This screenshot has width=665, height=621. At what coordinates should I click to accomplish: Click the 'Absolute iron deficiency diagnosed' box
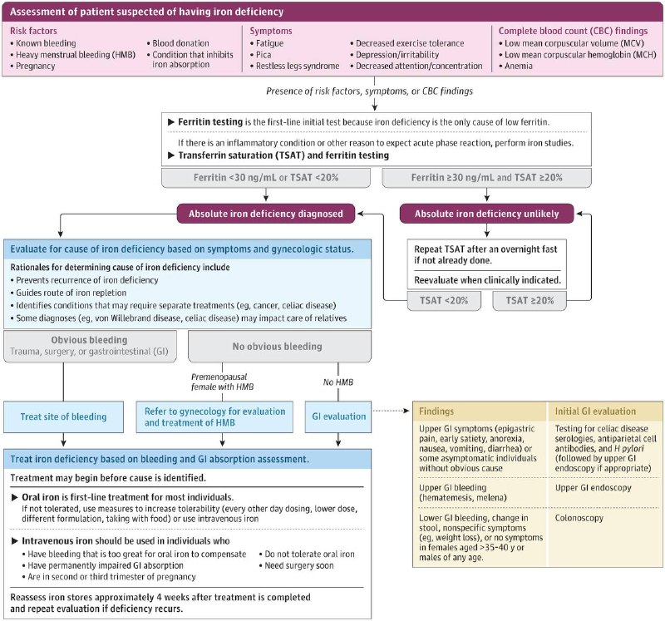point(266,214)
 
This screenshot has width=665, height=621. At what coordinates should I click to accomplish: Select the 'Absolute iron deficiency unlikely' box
point(486,214)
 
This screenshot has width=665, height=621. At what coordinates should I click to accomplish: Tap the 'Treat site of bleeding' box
point(64,416)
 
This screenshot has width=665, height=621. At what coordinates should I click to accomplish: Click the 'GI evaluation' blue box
point(338,416)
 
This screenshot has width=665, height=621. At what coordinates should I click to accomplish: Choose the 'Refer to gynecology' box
point(214,416)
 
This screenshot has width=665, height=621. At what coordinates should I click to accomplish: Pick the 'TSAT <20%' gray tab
point(444,301)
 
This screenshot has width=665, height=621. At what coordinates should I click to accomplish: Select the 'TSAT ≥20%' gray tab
point(530,301)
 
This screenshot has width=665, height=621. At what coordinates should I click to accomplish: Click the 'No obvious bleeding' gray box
point(279,347)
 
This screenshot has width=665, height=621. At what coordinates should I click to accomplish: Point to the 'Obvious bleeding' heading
point(89,340)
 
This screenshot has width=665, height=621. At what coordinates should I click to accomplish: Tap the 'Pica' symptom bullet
point(260,55)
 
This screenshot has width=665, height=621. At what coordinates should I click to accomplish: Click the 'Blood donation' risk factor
point(178,43)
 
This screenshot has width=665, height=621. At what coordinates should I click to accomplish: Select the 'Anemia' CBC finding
point(515,66)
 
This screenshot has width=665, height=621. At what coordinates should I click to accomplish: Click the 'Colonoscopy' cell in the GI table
point(579,518)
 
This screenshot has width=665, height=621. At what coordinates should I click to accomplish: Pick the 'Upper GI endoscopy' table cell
point(594,488)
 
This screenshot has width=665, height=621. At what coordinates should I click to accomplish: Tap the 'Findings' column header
point(436,411)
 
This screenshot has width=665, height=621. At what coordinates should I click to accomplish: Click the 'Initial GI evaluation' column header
point(595,411)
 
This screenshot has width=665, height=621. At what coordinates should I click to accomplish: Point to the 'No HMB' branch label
point(338,382)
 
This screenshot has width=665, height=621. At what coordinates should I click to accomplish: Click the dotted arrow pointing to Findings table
point(391,411)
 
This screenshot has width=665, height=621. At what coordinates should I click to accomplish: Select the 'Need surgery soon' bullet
point(297,565)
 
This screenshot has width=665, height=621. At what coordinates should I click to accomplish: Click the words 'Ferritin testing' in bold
point(210,122)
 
